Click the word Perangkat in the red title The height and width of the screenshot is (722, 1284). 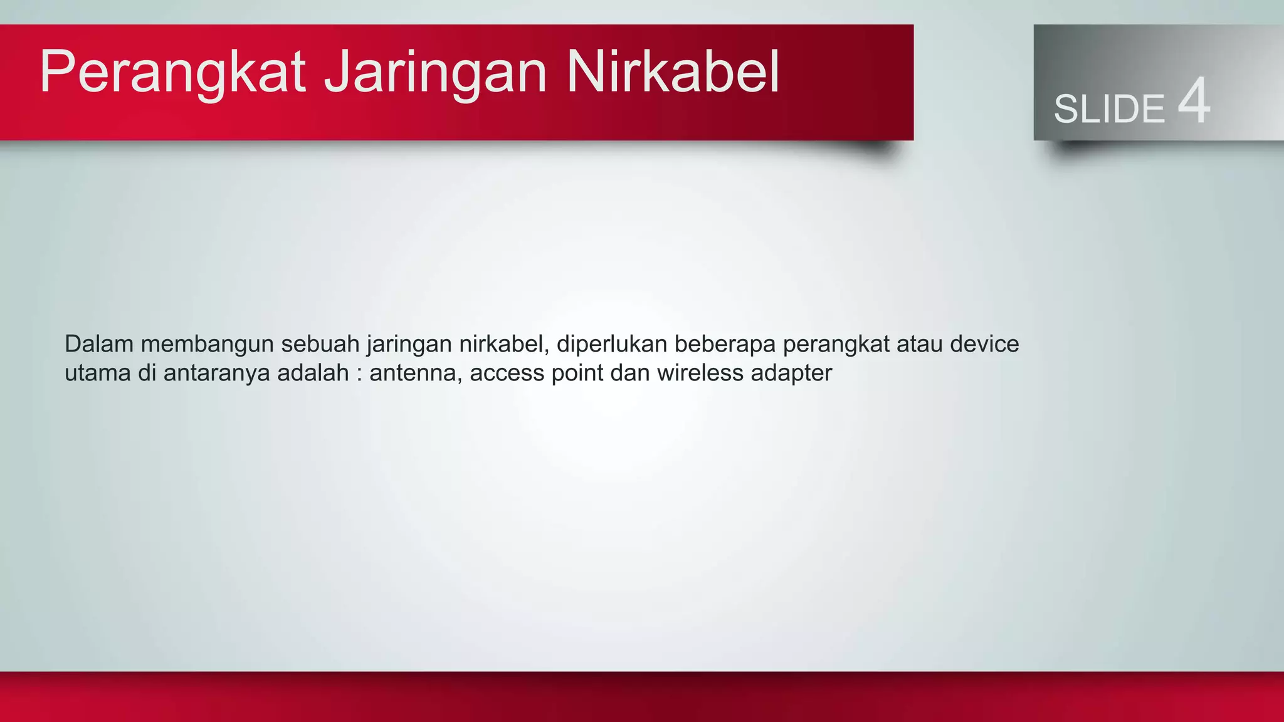(x=172, y=73)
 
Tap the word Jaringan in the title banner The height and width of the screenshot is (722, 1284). (x=435, y=73)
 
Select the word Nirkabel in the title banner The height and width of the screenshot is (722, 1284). (x=672, y=73)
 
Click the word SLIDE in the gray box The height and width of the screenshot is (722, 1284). (x=1108, y=109)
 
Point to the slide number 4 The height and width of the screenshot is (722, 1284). (x=1194, y=102)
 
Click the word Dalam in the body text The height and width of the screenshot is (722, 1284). (x=99, y=344)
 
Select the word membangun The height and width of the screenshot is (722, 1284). (x=207, y=344)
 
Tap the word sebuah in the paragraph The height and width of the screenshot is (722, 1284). (x=320, y=344)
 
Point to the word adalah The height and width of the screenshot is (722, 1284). (x=313, y=374)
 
